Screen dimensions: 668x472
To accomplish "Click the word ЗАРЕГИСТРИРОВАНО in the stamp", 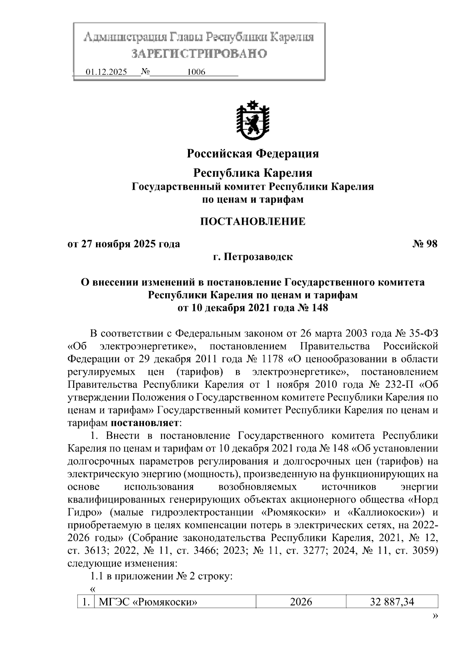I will pyautogui.click(x=199, y=54).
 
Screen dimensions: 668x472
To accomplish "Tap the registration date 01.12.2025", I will pyautogui.click(x=106, y=72).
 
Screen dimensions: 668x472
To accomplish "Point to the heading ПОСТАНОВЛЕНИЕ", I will pyautogui.click(x=253, y=222).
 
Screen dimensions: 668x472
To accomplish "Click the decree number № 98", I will pyautogui.click(x=425, y=244).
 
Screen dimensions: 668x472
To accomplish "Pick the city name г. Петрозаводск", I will pyautogui.click(x=253, y=257).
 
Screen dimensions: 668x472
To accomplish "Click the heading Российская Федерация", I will pyautogui.click(x=253, y=154).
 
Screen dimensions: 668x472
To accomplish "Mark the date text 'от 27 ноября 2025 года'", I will pyautogui.click(x=124, y=244).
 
